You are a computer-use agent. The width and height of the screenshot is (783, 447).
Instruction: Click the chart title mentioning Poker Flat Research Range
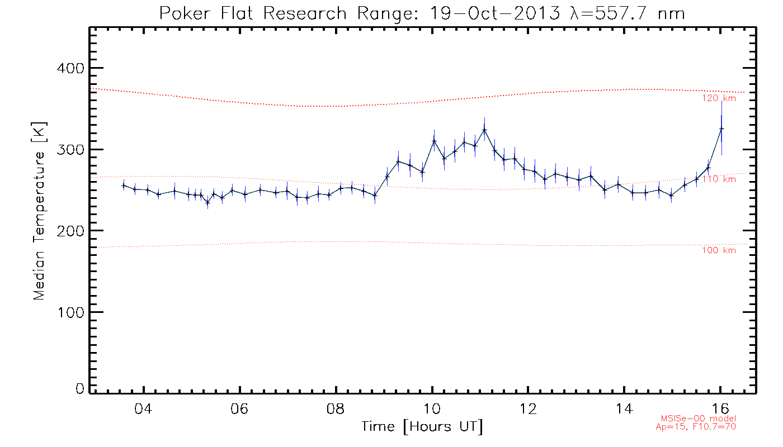click(x=422, y=13)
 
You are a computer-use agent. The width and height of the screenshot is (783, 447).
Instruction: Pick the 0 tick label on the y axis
click(x=79, y=389)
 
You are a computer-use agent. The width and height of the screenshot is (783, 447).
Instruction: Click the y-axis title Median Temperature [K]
click(x=39, y=211)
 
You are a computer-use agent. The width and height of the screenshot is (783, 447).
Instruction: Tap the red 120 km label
click(x=719, y=98)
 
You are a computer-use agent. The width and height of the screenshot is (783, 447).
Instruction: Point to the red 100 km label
click(x=719, y=250)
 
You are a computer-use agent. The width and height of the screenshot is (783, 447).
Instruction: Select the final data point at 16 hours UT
click(x=721, y=129)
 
